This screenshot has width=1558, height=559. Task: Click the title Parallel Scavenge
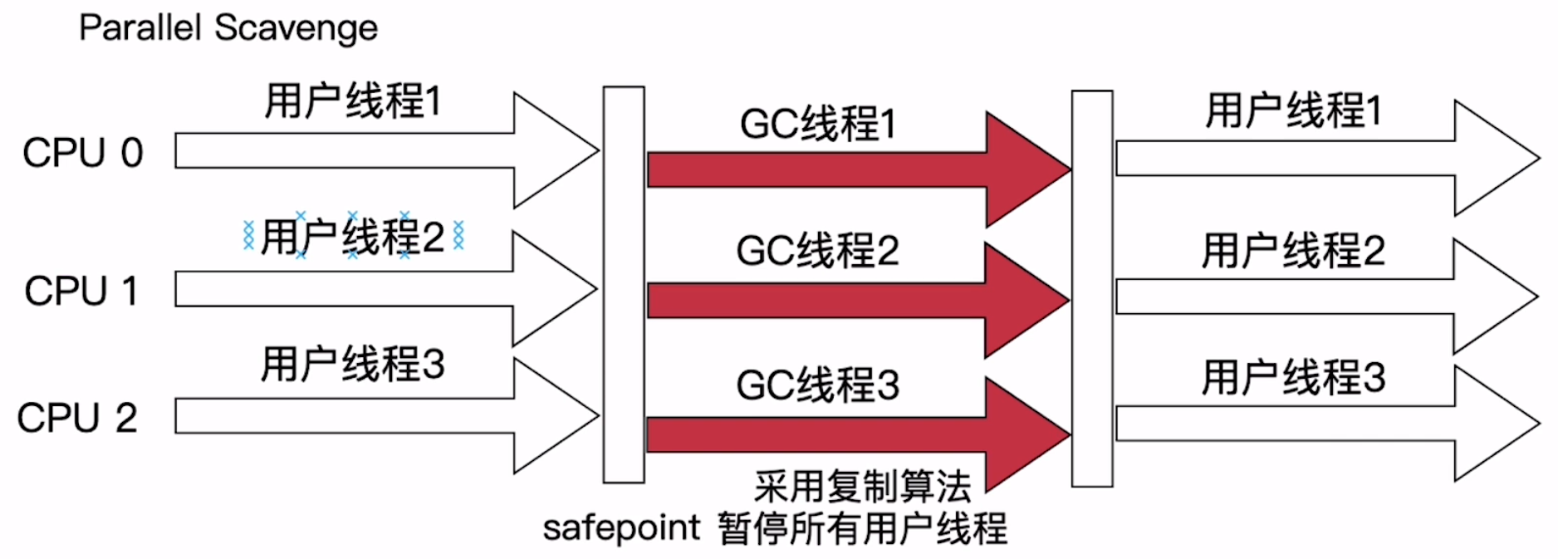228,28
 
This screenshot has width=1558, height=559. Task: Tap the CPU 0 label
82,154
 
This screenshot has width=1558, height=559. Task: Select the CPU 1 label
81,292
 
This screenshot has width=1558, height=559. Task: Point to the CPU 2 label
76,418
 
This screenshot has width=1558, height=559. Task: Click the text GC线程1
817,125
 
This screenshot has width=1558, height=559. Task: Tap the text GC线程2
817,251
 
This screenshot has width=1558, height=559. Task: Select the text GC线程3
817,385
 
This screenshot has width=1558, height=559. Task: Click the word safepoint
621,528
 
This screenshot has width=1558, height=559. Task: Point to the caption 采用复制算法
862,487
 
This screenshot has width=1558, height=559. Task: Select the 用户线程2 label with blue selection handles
353,238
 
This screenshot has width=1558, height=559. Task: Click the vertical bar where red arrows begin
624,284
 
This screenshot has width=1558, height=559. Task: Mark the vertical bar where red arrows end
1092,288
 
